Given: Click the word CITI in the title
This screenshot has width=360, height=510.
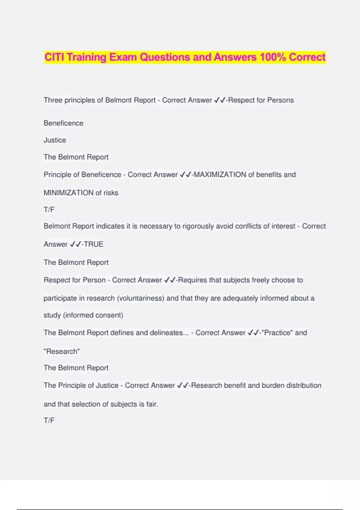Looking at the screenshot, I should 54,57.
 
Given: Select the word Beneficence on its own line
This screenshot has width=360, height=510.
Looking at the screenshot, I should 64,123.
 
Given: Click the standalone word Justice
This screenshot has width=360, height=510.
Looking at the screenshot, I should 55,140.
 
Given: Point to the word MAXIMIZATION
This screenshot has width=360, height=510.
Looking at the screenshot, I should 220,175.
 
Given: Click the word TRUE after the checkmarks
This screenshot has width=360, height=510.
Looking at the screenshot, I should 94,244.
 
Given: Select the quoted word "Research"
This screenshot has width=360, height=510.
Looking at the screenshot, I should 62,351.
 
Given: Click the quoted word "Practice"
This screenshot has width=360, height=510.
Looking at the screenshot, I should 277,333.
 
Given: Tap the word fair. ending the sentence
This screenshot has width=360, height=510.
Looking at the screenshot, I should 152,404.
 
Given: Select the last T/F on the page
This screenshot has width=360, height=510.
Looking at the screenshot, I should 49,421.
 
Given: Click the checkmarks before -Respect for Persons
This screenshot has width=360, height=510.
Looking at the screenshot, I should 220,100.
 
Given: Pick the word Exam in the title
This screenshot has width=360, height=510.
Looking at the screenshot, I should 122,57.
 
